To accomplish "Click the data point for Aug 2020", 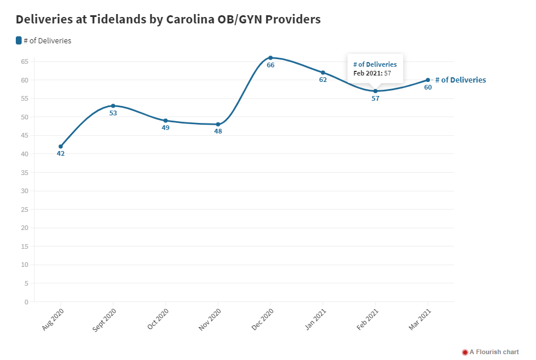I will point(61,146).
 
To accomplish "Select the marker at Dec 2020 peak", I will point(270,58).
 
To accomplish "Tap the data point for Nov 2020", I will point(218,124).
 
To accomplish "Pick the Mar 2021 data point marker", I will point(428,80).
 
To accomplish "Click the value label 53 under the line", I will point(114,113).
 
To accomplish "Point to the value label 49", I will point(166,128).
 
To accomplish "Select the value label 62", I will point(323,80).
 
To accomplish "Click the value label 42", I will point(61,153).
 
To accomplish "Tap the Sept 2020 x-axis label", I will point(105,320).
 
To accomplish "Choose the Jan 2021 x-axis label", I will point(316,320).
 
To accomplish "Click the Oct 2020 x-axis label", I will point(159,319).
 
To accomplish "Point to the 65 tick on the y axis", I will point(24,61).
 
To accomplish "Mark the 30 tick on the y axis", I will point(24,191).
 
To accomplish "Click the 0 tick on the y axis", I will point(26,302).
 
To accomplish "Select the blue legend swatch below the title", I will point(19,40).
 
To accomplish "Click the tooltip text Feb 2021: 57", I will point(372,73).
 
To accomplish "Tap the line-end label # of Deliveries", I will point(461,80).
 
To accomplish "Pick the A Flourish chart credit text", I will point(494,352).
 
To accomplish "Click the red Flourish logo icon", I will point(465,352).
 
